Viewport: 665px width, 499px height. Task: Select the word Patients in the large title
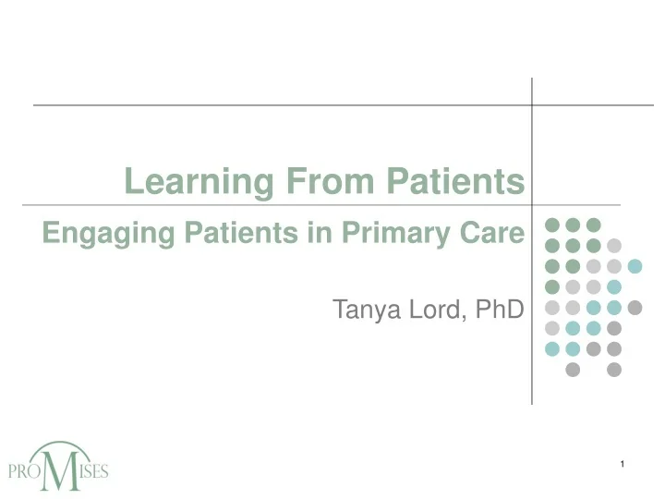454,181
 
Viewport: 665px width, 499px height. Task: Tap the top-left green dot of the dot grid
552,225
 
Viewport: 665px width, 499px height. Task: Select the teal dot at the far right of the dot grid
635,266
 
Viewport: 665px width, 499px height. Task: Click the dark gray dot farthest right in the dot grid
635,308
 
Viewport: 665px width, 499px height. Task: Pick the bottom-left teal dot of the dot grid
552,349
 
